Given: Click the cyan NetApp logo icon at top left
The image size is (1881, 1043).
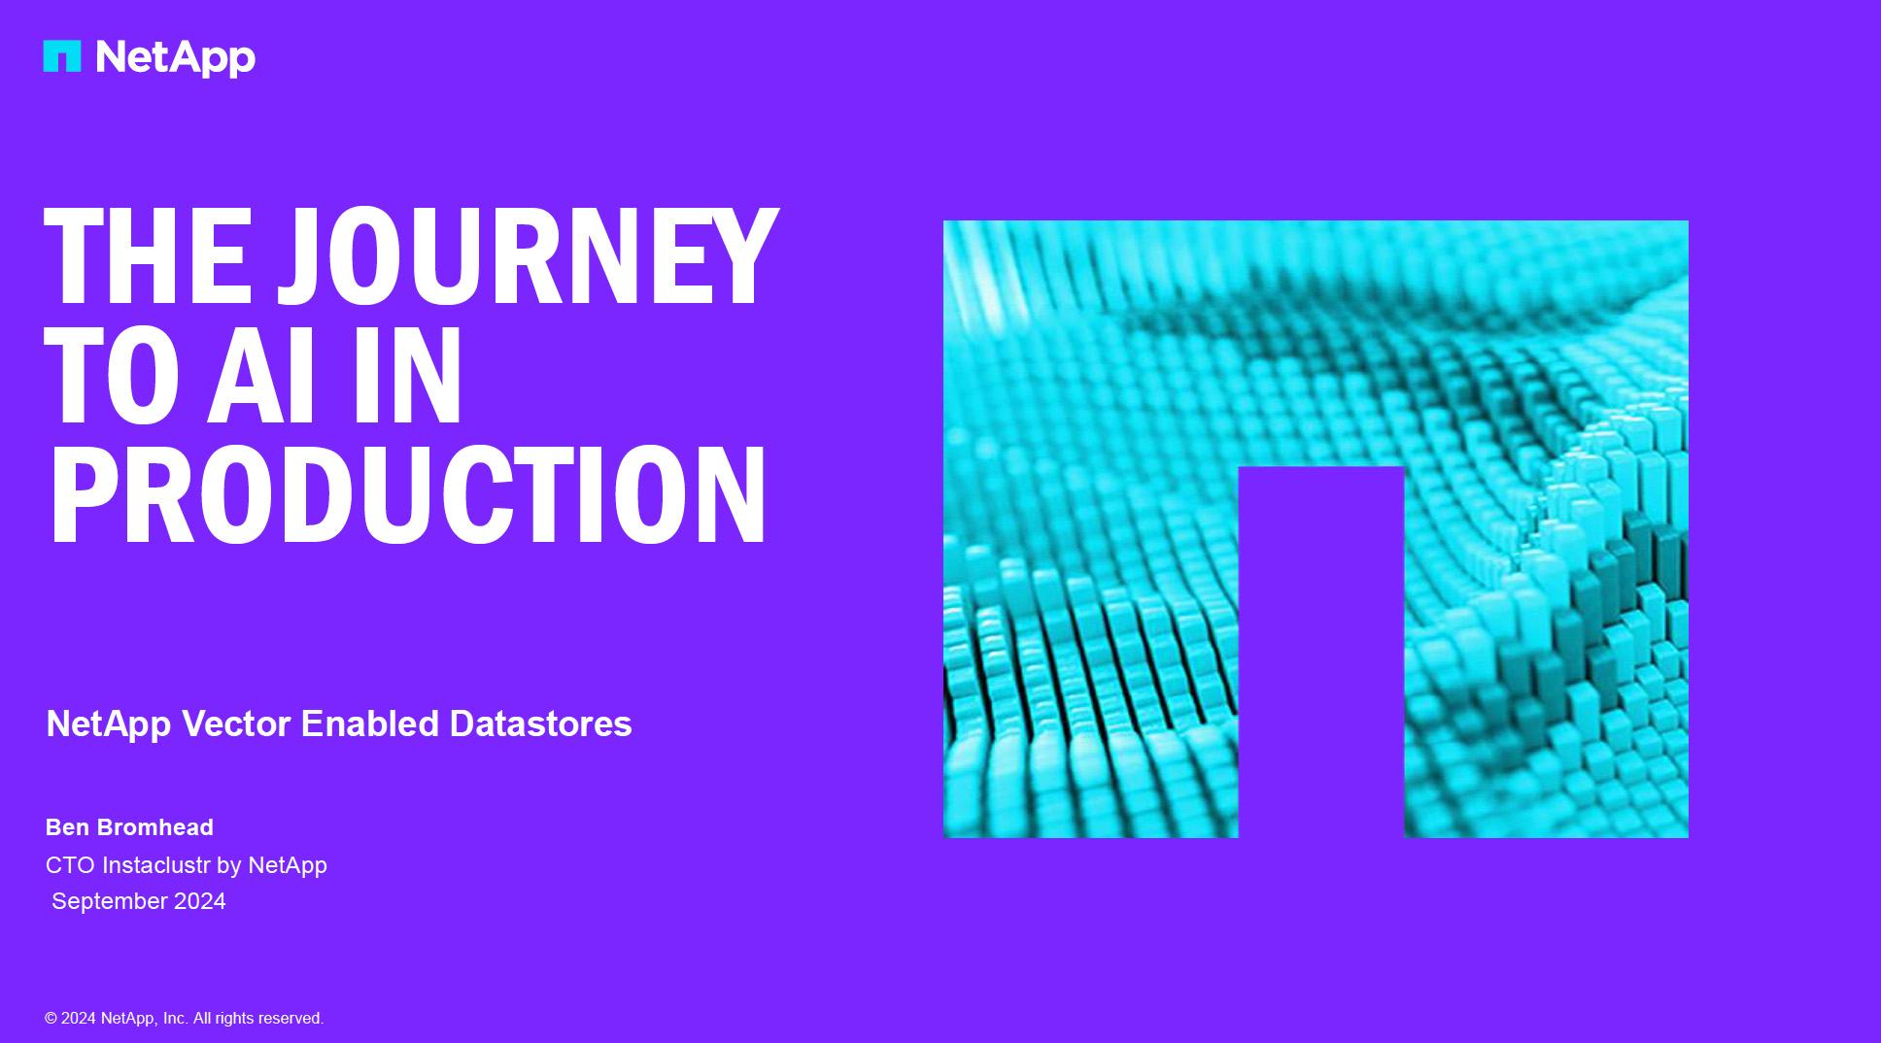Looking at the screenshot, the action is (62, 55).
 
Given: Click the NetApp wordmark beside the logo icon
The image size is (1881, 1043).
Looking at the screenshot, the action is (176, 58).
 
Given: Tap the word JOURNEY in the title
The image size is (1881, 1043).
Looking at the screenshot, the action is (529, 256).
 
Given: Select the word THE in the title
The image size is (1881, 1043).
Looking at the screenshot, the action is (148, 256).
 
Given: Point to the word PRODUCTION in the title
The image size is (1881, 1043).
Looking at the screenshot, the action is (408, 494).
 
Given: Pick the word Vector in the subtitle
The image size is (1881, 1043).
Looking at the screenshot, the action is (236, 723).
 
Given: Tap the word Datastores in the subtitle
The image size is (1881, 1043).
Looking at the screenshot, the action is (541, 723).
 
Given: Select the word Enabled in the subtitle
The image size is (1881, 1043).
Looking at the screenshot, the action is (370, 723).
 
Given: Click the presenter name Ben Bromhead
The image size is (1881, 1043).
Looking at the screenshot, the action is (129, 827).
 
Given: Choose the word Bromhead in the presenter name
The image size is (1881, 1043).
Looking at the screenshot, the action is (155, 827).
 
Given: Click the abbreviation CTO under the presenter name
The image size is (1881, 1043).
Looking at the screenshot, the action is (70, 865).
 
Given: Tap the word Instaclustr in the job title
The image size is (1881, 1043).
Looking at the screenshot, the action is (156, 865).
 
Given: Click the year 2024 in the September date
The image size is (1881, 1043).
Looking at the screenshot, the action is (200, 901).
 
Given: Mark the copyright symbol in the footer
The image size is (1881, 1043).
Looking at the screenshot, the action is (51, 1018).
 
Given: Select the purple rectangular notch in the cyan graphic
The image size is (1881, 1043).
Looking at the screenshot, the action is (1321, 652).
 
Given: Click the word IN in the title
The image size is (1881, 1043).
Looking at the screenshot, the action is (408, 375).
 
